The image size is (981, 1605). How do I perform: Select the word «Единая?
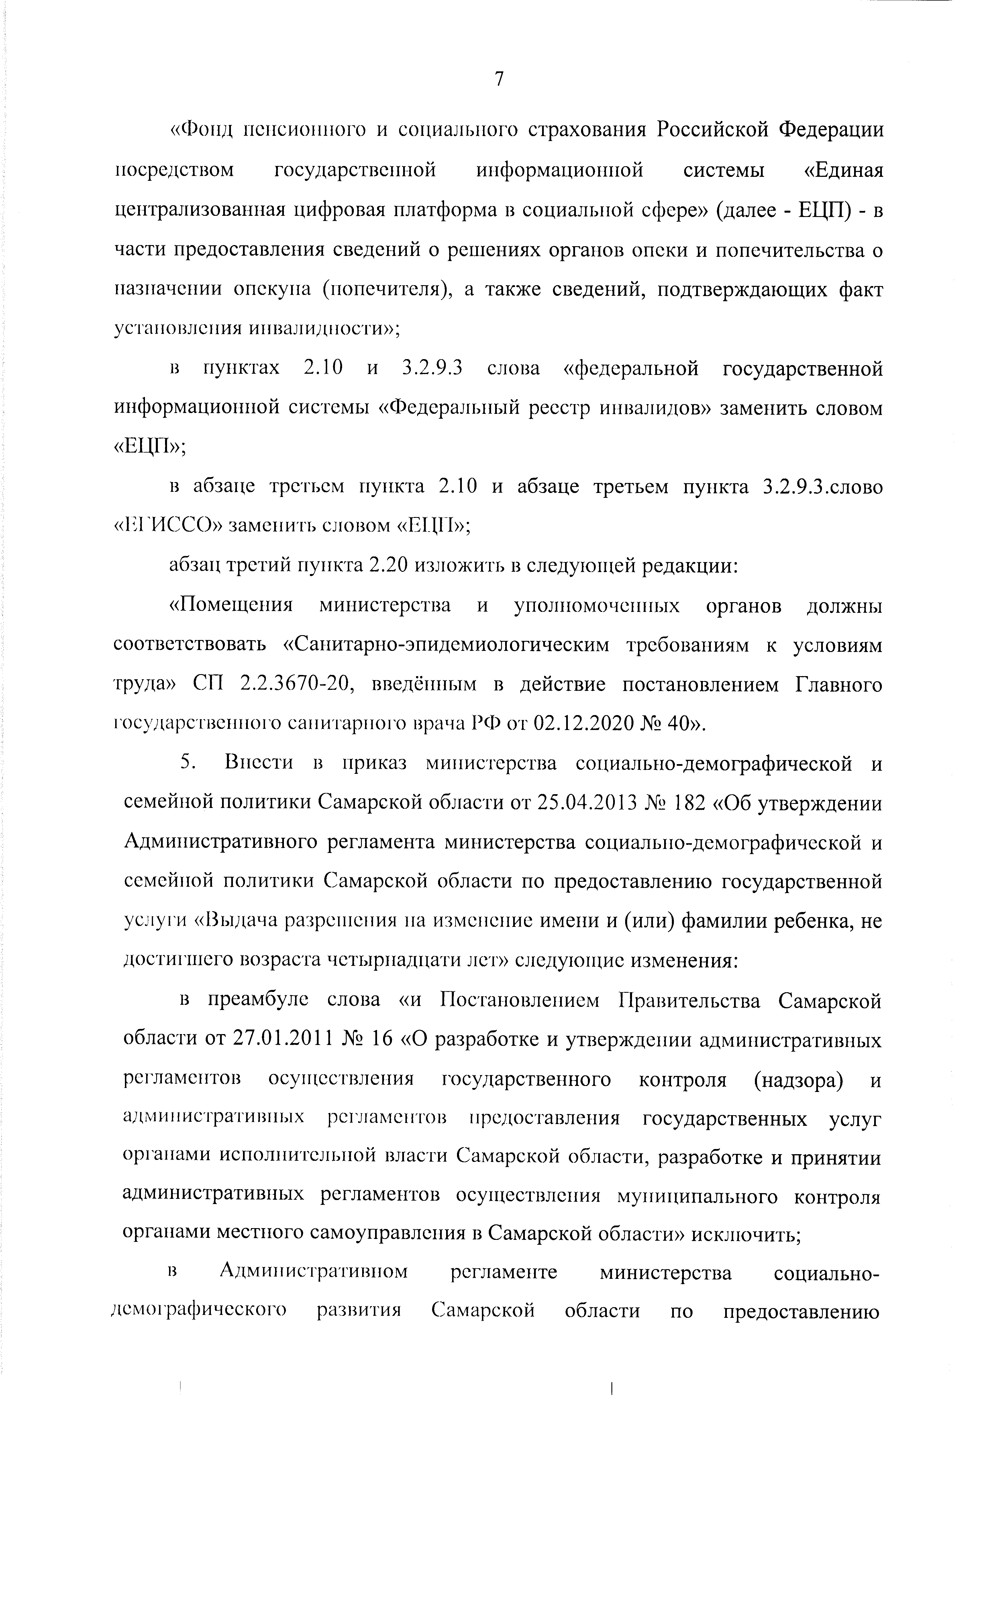coord(844,171)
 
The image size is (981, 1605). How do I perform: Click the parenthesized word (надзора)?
coord(798,1080)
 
